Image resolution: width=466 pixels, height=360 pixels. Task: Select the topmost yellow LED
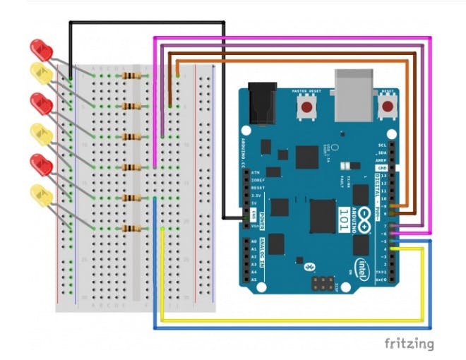[40, 73]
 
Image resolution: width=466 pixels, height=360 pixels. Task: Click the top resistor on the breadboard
[131, 76]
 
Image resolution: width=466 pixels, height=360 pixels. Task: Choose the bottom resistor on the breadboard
[131, 228]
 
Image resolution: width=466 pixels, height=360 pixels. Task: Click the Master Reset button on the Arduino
[308, 107]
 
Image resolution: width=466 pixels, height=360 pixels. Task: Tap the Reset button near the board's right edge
[387, 107]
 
